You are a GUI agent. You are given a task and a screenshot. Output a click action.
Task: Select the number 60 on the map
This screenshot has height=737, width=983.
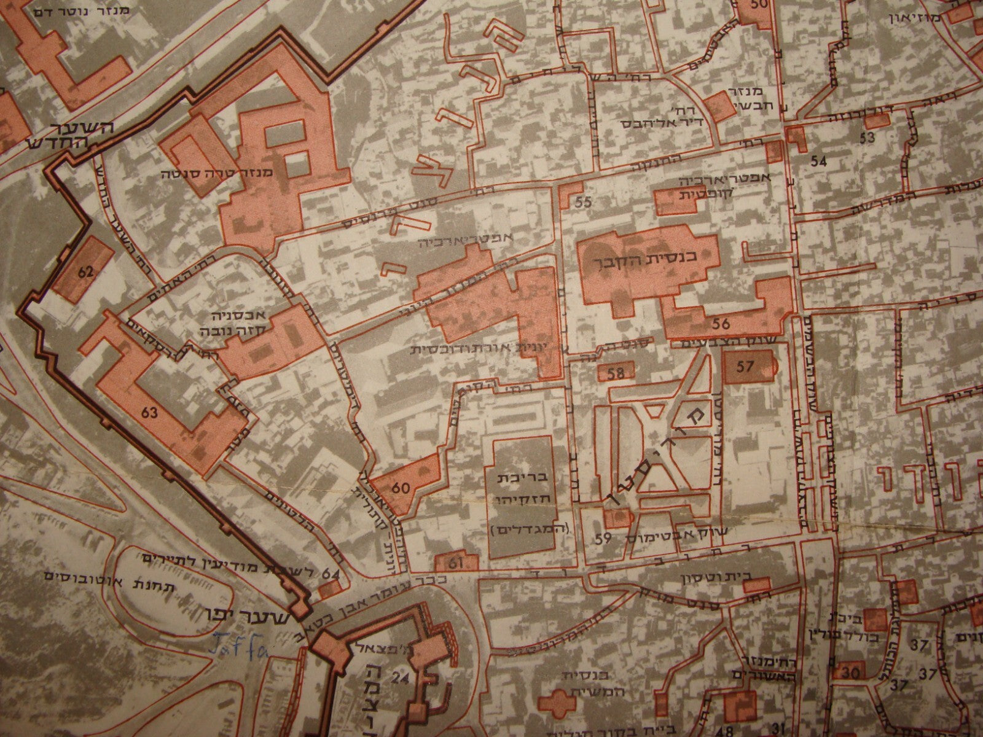point(400,489)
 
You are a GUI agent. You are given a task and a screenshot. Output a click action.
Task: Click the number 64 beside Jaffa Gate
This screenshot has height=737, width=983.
point(330,574)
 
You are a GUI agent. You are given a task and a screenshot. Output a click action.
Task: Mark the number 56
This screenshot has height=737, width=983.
point(721,324)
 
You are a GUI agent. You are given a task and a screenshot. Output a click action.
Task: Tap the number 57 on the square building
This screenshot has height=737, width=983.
point(745,367)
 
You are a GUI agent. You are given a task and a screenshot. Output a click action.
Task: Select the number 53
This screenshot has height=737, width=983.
point(867,136)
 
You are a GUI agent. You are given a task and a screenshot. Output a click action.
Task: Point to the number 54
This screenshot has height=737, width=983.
point(818,162)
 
